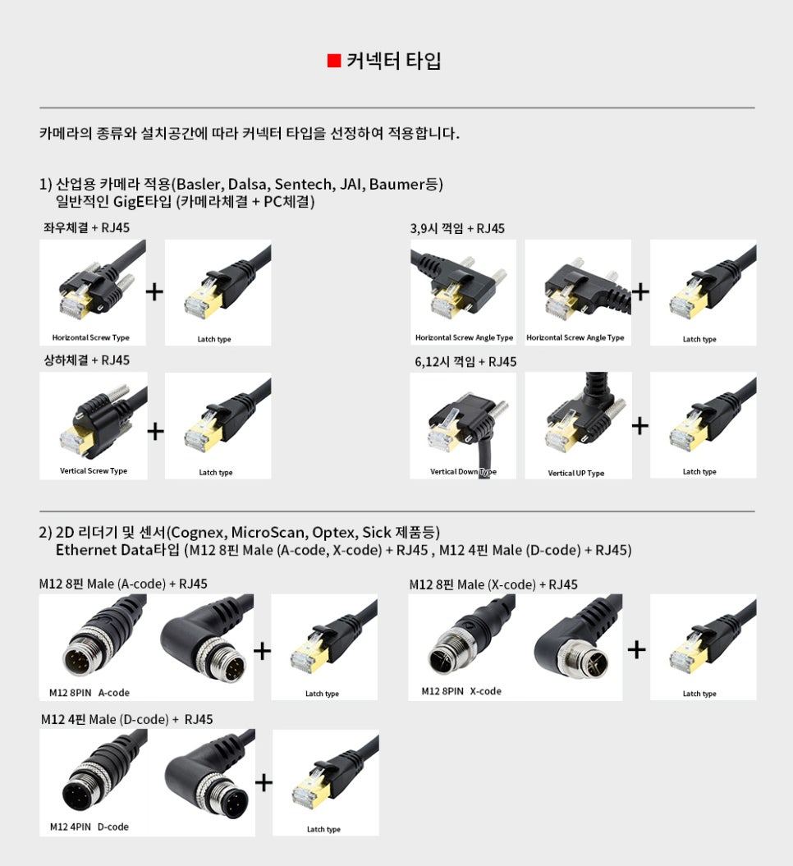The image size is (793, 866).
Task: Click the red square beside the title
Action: [x=334, y=61]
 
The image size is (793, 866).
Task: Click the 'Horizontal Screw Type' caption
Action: [x=90, y=337]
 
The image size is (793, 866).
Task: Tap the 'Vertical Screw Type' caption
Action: [x=94, y=470]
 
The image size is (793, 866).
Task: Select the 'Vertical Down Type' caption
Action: [x=463, y=472]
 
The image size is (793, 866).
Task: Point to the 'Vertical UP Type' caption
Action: [x=576, y=473]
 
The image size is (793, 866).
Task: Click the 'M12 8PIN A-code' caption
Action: [x=89, y=693]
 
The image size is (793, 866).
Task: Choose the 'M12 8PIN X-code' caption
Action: [x=461, y=691]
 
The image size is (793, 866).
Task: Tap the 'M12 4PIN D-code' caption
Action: [x=89, y=827]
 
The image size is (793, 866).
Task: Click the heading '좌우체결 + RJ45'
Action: [x=87, y=227]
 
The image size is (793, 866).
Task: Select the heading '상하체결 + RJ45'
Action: [x=87, y=360]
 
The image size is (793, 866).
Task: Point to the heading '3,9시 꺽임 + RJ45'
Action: [x=457, y=228]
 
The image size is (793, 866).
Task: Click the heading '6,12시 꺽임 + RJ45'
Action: [x=465, y=362]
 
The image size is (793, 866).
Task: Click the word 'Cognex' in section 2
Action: [x=196, y=533]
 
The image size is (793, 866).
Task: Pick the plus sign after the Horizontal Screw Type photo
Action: [x=154, y=291]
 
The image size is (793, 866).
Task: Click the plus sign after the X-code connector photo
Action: [x=637, y=649]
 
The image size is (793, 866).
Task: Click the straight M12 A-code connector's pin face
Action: [x=81, y=658]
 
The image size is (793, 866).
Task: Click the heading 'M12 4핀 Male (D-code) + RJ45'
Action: [x=126, y=719]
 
